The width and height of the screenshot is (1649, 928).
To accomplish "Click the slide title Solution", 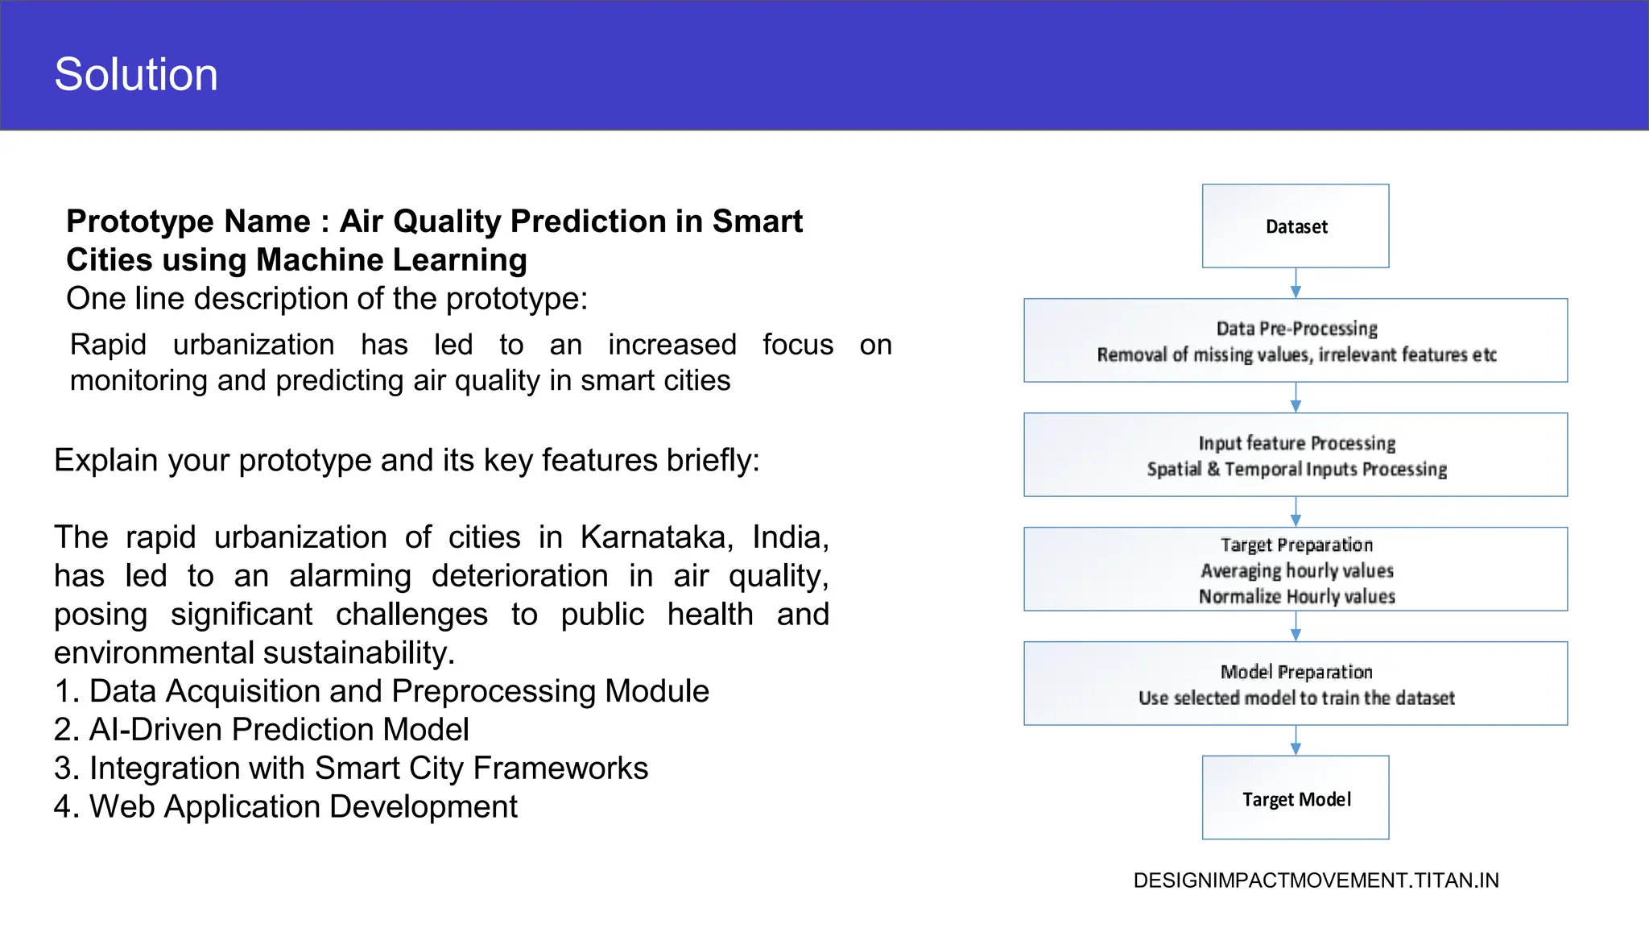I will (x=136, y=74).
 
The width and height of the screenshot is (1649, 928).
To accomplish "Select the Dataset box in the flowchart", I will (x=1295, y=226).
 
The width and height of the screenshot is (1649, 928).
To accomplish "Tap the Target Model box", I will (x=1295, y=798).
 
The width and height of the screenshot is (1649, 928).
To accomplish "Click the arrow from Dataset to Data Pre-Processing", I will (x=1296, y=284).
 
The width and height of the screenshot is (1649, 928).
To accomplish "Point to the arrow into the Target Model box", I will (x=1296, y=740).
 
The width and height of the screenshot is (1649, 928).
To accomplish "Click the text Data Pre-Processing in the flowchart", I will (x=1296, y=329).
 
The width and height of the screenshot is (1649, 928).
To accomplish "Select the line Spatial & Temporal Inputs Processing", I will (x=1296, y=469).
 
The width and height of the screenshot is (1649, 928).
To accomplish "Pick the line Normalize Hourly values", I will (x=1296, y=596).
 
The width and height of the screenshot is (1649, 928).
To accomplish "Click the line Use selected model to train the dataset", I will (x=1296, y=698).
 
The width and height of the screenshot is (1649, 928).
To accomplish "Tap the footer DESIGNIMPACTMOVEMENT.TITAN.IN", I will (x=1316, y=880).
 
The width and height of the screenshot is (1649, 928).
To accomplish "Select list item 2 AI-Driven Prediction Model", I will (x=262, y=730).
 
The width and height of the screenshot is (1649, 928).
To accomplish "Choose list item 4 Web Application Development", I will (x=286, y=807).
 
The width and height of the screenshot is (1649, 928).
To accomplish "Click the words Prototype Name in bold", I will (x=188, y=222).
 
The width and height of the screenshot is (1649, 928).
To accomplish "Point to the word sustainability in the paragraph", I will (x=358, y=653).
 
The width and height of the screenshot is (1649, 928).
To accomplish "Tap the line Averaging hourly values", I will (x=1296, y=570).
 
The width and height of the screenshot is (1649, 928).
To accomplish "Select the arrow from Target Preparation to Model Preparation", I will (x=1296, y=626).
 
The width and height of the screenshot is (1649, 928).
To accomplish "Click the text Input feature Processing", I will (x=1296, y=443).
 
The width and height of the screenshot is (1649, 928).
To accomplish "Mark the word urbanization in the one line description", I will (x=254, y=345).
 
